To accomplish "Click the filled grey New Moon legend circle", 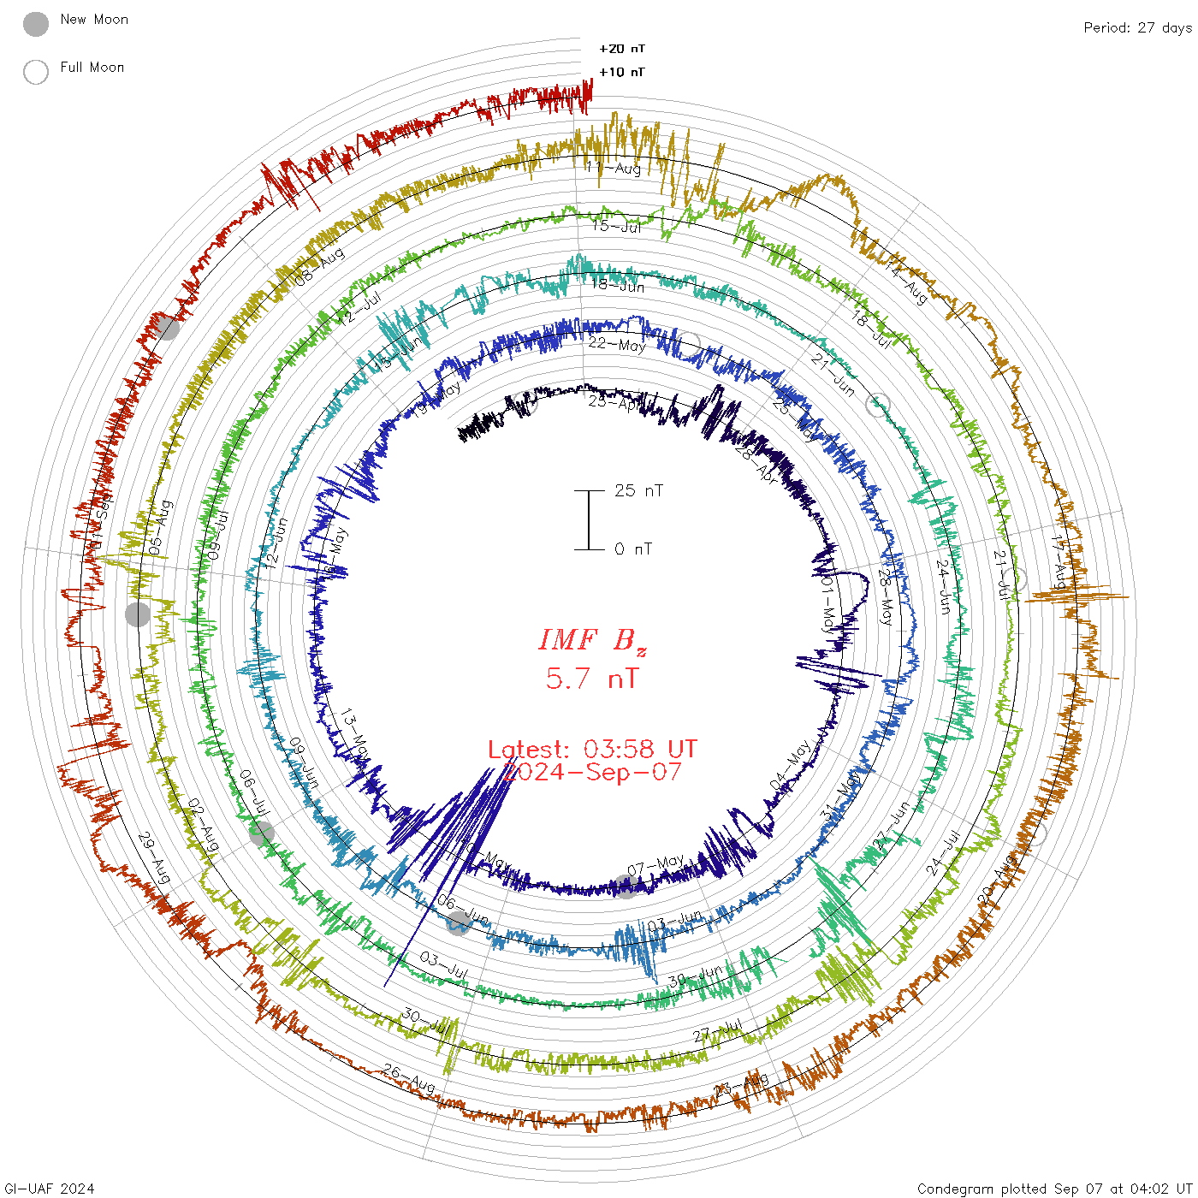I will (36, 25).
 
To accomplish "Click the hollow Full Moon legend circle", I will (36, 72).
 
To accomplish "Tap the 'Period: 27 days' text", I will (1137, 28).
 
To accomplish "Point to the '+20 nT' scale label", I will (622, 50).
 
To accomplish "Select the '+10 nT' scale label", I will (622, 73).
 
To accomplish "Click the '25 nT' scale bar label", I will (638, 491).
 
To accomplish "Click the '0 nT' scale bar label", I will (633, 549).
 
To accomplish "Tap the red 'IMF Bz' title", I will (592, 641).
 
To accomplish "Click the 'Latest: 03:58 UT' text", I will (592, 750).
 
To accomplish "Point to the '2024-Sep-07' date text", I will (592, 773).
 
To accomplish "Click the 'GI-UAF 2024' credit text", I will (49, 1189).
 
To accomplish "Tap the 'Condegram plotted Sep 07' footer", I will (1054, 1189).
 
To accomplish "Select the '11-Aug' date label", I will (614, 168).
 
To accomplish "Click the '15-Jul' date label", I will (616, 227).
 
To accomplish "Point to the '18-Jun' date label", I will (618, 286).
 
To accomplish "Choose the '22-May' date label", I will (617, 345).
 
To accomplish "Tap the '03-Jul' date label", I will (443, 964).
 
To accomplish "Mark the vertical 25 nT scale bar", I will (589, 520).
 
